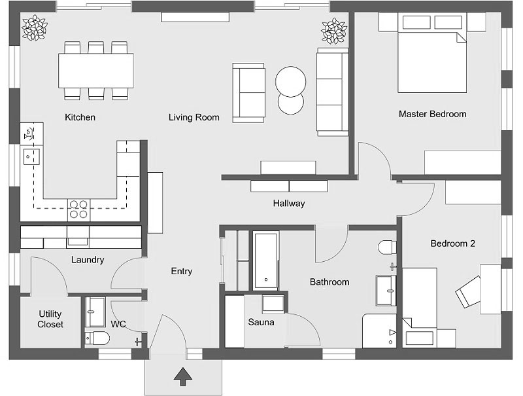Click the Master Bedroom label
pos(432,114)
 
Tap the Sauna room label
pos(261,322)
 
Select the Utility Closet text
pos(50,319)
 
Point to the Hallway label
pos(289,203)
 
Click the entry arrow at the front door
pos(183,376)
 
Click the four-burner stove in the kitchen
pos(78,209)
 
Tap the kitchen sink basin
pos(31,157)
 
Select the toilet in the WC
pos(97,338)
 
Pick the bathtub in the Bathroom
pos(266,261)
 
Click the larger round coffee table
pos(290,81)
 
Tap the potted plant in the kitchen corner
pos(35,28)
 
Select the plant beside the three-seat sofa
pos(334,31)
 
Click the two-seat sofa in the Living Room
pos(249,93)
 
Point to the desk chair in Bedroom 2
pos(468,292)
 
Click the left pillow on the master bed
pos(416,22)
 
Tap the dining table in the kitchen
pos(96,71)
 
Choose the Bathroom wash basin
pos(386,291)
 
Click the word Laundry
pos(88,259)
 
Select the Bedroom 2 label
pos(452,243)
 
